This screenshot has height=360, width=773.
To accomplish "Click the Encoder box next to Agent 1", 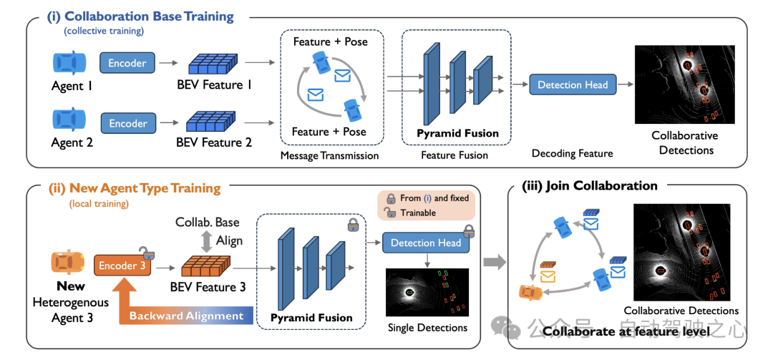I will pyautogui.click(x=127, y=63).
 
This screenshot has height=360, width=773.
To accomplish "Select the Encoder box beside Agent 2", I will pyautogui.click(x=128, y=123).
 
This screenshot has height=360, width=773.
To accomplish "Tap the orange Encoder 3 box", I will pyautogui.click(x=122, y=266).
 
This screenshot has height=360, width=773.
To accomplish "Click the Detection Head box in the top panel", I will pyautogui.click(x=573, y=84).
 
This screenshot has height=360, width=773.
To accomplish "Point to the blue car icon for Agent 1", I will pyautogui.click(x=69, y=62).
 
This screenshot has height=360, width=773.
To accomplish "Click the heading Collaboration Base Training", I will pyautogui.click(x=149, y=16).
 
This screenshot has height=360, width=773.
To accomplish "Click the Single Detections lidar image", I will pyautogui.click(x=427, y=292).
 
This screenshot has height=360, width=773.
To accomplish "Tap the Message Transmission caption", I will pyautogui.click(x=330, y=155).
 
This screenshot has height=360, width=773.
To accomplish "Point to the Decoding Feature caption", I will pyautogui.click(x=573, y=153).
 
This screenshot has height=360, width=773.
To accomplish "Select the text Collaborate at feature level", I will pyautogui.click(x=626, y=331).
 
